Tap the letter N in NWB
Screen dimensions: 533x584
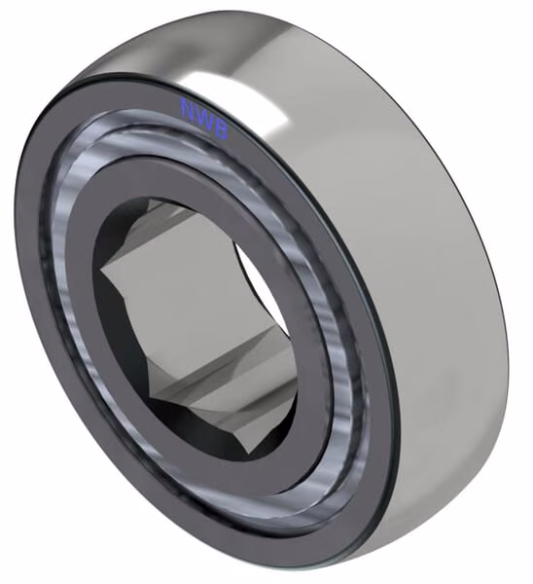188,108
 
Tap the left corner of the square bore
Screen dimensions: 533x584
101,268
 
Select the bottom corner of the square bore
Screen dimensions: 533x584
249,454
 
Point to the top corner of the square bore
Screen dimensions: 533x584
150,200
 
